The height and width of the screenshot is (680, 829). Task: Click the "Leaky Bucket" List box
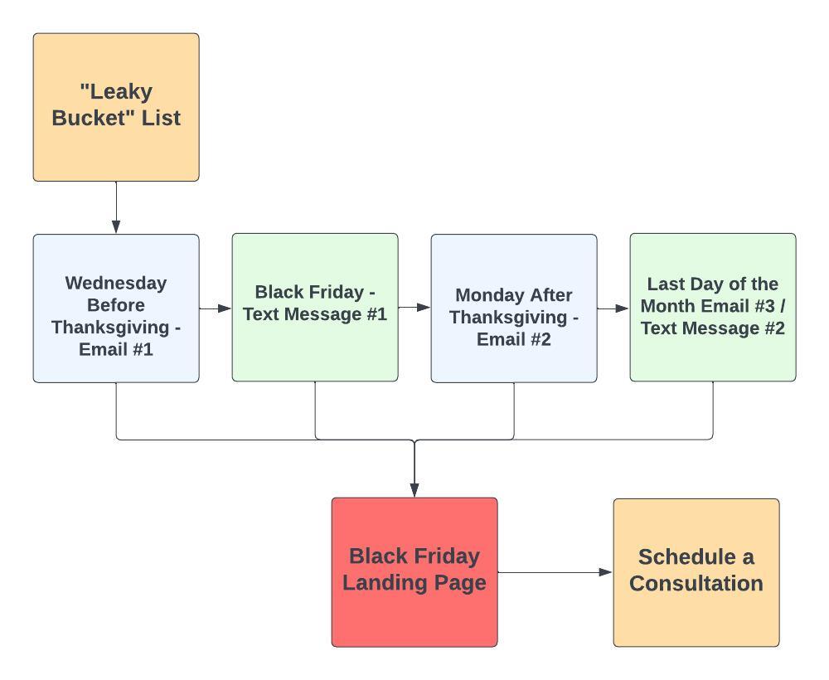click(116, 106)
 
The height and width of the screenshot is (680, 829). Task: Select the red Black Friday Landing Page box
click(414, 571)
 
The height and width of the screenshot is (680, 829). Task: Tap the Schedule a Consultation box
click(696, 571)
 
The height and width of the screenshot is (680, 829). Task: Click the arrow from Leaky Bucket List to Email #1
click(116, 207)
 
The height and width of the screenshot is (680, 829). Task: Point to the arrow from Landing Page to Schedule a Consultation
click(555, 572)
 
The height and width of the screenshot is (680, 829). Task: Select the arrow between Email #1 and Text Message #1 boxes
click(216, 308)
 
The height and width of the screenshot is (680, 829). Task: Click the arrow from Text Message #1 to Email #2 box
click(414, 308)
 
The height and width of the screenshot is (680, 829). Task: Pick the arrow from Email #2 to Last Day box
click(613, 308)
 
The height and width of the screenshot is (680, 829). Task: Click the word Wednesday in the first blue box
click(116, 283)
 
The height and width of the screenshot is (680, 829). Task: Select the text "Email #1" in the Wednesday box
click(116, 349)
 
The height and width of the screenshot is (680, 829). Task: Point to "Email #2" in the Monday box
click(514, 339)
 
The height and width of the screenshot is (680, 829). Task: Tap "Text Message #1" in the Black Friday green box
click(315, 314)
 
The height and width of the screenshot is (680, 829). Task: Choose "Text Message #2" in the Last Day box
click(713, 328)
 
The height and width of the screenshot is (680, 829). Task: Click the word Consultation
click(696, 583)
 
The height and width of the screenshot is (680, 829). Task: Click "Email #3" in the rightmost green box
click(749, 306)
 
